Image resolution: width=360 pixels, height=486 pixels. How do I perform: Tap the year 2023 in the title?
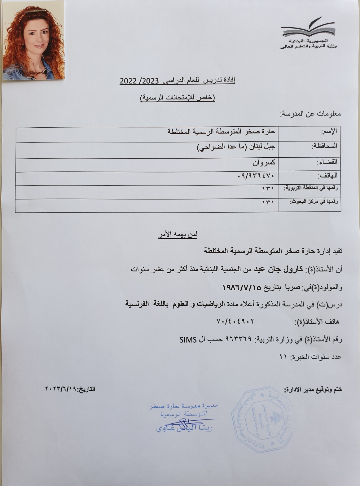pos(150,81)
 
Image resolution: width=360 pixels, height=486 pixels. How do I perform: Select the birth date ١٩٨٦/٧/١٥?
pos(243,287)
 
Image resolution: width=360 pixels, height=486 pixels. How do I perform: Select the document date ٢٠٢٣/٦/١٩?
pos(61,389)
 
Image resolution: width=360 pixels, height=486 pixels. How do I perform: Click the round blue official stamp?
pos(261,423)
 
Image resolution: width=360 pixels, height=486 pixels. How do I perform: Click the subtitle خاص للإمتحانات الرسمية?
pos(177,98)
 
